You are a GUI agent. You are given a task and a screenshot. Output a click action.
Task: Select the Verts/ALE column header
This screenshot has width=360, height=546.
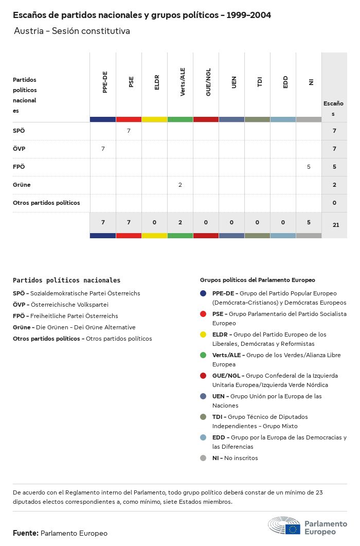pos(183,82)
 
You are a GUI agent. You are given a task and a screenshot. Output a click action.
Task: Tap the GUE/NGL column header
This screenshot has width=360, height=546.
pos(208,82)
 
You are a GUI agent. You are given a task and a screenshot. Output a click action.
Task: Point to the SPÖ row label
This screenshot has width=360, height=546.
pos(19,131)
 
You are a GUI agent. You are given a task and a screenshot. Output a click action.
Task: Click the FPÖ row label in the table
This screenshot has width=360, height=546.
pos(19,167)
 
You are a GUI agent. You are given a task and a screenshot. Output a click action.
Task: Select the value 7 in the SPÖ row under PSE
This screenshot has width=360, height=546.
pos(129,131)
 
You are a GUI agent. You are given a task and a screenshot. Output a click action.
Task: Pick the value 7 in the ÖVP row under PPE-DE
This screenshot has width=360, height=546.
pos(103,149)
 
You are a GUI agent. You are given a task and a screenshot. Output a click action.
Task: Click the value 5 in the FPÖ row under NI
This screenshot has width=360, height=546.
pos(309,167)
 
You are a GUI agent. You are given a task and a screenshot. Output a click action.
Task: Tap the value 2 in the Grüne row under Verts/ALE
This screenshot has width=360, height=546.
pos(180,185)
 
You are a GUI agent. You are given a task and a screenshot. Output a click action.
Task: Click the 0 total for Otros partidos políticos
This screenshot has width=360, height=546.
pos(334,203)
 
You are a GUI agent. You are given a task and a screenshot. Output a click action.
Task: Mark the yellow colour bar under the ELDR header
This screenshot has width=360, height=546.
pos(154,119)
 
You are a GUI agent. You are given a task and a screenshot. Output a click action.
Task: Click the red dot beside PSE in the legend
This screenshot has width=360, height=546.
pos(204,314)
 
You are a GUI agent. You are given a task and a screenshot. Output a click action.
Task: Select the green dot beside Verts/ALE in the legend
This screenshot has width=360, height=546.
pos(204,355)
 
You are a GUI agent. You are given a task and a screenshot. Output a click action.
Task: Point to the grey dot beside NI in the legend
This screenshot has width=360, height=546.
pos(204,458)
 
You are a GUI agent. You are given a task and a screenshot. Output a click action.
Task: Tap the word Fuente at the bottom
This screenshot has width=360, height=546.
pos(25,533)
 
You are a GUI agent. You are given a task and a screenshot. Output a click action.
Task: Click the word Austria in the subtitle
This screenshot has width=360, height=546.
pos(28,31)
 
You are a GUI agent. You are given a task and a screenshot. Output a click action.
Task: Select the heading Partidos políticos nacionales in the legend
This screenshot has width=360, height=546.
pos(66,280)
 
